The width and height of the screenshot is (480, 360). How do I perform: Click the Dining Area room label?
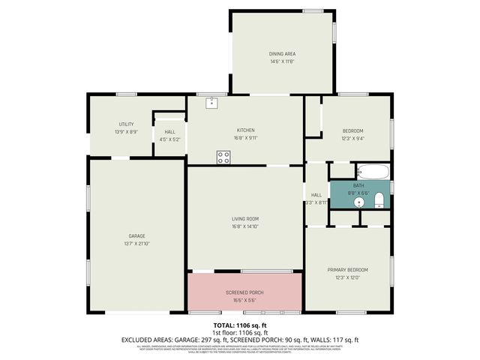tap(282, 54)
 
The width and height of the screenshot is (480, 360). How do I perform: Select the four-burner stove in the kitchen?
tap(223, 157)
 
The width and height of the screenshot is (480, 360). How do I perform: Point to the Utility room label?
tap(126, 124)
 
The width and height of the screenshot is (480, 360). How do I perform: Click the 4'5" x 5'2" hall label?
tap(169, 139)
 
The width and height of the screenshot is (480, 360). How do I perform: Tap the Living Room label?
tap(246, 218)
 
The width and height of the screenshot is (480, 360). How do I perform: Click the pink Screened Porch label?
tap(245, 292)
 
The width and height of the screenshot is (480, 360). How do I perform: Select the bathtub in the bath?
tap(372, 172)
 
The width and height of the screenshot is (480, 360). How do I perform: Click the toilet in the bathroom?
tap(379, 199)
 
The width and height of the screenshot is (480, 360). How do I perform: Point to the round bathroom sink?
tap(360, 201)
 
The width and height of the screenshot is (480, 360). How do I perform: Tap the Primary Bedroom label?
tap(347, 269)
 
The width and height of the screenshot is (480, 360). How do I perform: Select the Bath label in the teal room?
tap(358, 184)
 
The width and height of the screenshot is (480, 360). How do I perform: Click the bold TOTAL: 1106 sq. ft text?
tap(240, 325)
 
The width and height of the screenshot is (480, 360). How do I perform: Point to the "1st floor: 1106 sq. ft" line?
tap(240, 332)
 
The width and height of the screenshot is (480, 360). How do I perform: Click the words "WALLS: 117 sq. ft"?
tap(333, 340)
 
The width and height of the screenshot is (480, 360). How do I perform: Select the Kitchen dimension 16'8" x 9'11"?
tap(246, 138)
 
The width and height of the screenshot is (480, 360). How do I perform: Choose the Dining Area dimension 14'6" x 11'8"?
tap(282, 61)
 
